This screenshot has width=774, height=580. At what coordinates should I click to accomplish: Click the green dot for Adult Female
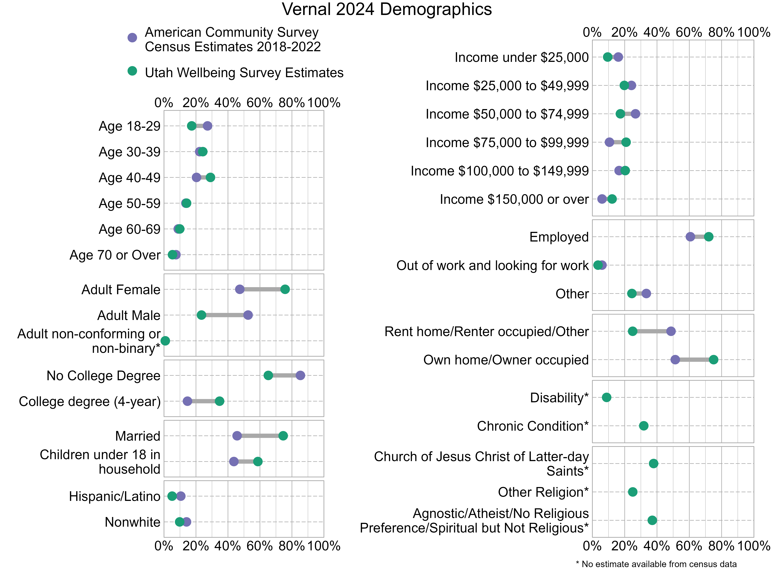pos(285,289)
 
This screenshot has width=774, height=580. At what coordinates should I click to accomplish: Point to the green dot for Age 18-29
pos(192,126)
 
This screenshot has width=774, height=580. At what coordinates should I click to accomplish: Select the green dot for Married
pos(283,436)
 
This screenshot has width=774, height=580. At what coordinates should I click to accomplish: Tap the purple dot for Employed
pos(690,237)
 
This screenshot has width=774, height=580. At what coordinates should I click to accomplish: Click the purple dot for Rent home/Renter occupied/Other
pos(671,331)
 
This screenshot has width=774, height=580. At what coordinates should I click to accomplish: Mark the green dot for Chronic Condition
pos(644,426)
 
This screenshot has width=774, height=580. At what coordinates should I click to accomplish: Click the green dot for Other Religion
pos(633,492)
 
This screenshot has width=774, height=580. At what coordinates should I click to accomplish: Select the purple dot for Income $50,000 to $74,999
pos(635,114)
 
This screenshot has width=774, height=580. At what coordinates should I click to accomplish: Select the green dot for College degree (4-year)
pos(219,401)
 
